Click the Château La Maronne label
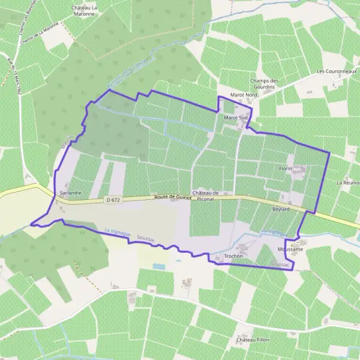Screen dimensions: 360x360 [x=85, y=10]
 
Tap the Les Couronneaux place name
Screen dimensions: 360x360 [x=337, y=71]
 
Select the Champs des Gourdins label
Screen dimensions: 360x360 [x=265, y=84]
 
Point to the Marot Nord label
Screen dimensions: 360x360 [x=244, y=95]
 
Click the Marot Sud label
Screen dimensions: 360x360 [x=236, y=118]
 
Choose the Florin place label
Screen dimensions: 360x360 [x=286, y=169]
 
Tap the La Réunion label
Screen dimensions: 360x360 [x=348, y=182]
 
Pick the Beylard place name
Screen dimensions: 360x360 [x=281, y=209]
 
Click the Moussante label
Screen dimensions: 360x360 [x=290, y=248]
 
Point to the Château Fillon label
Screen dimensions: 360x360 [x=251, y=340]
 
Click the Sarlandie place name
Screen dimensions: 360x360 [x=71, y=193]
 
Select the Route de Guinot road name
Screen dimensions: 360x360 [x=172, y=196]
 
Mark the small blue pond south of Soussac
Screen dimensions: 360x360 [x=158, y=266]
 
